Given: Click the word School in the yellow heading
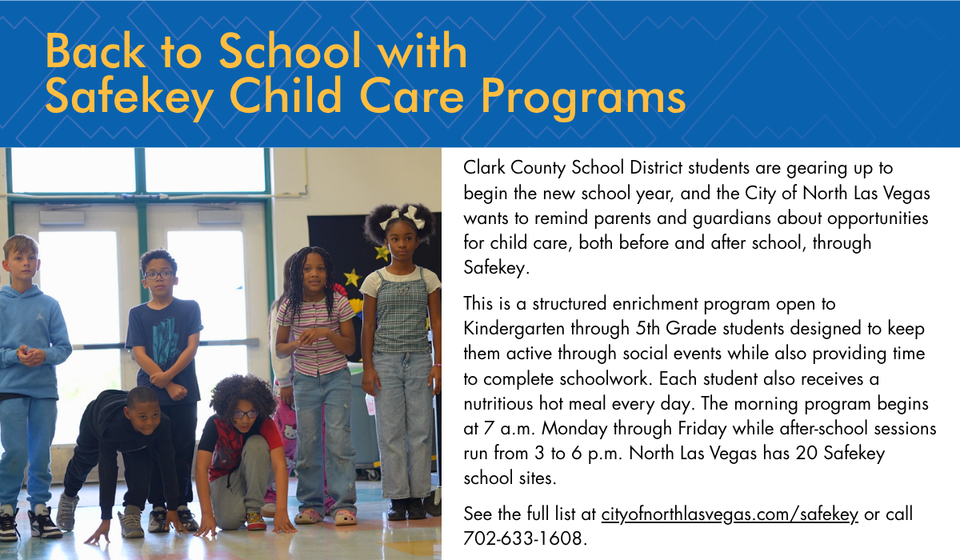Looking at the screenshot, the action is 290,51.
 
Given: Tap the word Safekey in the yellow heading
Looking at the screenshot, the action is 129,97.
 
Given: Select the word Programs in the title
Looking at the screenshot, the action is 583,98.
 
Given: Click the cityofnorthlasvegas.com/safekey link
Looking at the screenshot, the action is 730,514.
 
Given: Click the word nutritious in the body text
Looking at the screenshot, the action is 498,404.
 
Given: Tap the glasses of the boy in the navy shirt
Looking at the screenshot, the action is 158,274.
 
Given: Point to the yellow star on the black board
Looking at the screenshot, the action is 351,278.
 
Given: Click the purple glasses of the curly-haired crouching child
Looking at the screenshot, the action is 244,414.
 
